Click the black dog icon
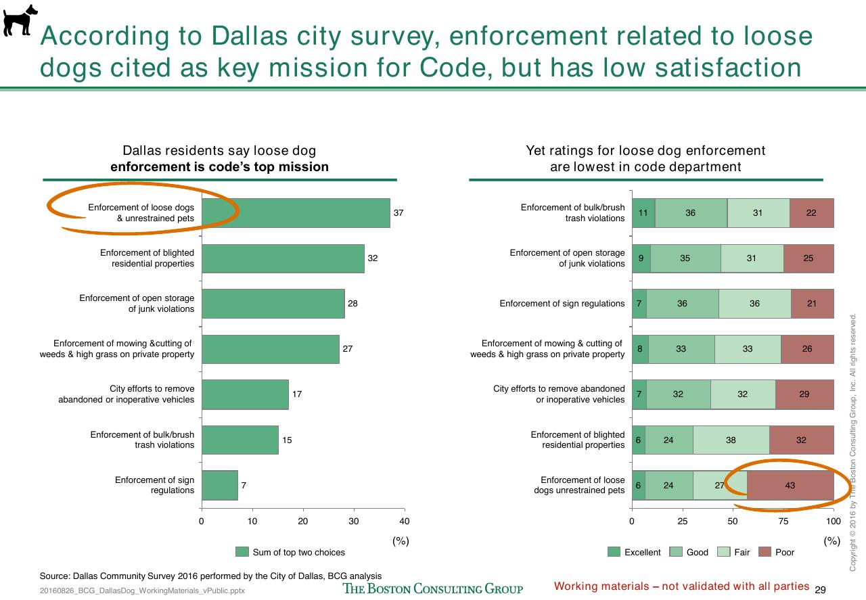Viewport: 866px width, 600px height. point(20,20)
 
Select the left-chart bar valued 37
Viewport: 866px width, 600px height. point(296,213)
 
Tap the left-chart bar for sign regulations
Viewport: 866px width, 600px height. point(220,485)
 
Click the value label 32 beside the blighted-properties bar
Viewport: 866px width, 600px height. point(372,258)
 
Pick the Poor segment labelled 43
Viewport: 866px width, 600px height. point(790,485)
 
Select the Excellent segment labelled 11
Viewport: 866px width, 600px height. point(643,213)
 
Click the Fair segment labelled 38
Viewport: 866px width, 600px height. point(731,440)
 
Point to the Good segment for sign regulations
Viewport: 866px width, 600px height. point(683,304)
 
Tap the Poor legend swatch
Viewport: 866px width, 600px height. point(765,552)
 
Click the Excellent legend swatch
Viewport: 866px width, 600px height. point(614,552)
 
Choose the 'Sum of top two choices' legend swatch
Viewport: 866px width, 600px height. point(242,552)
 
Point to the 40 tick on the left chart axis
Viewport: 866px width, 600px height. point(405,521)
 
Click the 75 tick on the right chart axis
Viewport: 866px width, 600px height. point(783,521)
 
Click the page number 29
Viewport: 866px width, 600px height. point(820,590)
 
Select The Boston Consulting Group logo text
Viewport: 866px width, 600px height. point(432,589)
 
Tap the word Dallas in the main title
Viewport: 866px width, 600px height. point(250,36)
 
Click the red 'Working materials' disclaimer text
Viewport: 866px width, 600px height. point(681,586)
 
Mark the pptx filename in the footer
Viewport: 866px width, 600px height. point(142,591)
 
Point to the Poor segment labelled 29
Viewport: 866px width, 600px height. point(804,394)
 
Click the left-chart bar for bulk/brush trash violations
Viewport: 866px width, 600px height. point(240,440)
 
